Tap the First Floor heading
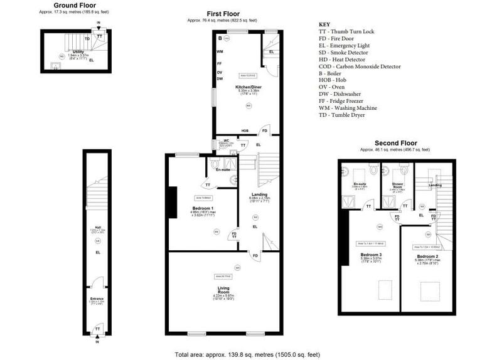[224, 14]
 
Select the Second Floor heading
[395, 143]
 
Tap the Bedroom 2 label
[426, 256]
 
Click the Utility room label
[78, 51]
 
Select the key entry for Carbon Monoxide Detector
[360, 66]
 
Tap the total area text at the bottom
[247, 354]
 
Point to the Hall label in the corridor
[97, 228]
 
